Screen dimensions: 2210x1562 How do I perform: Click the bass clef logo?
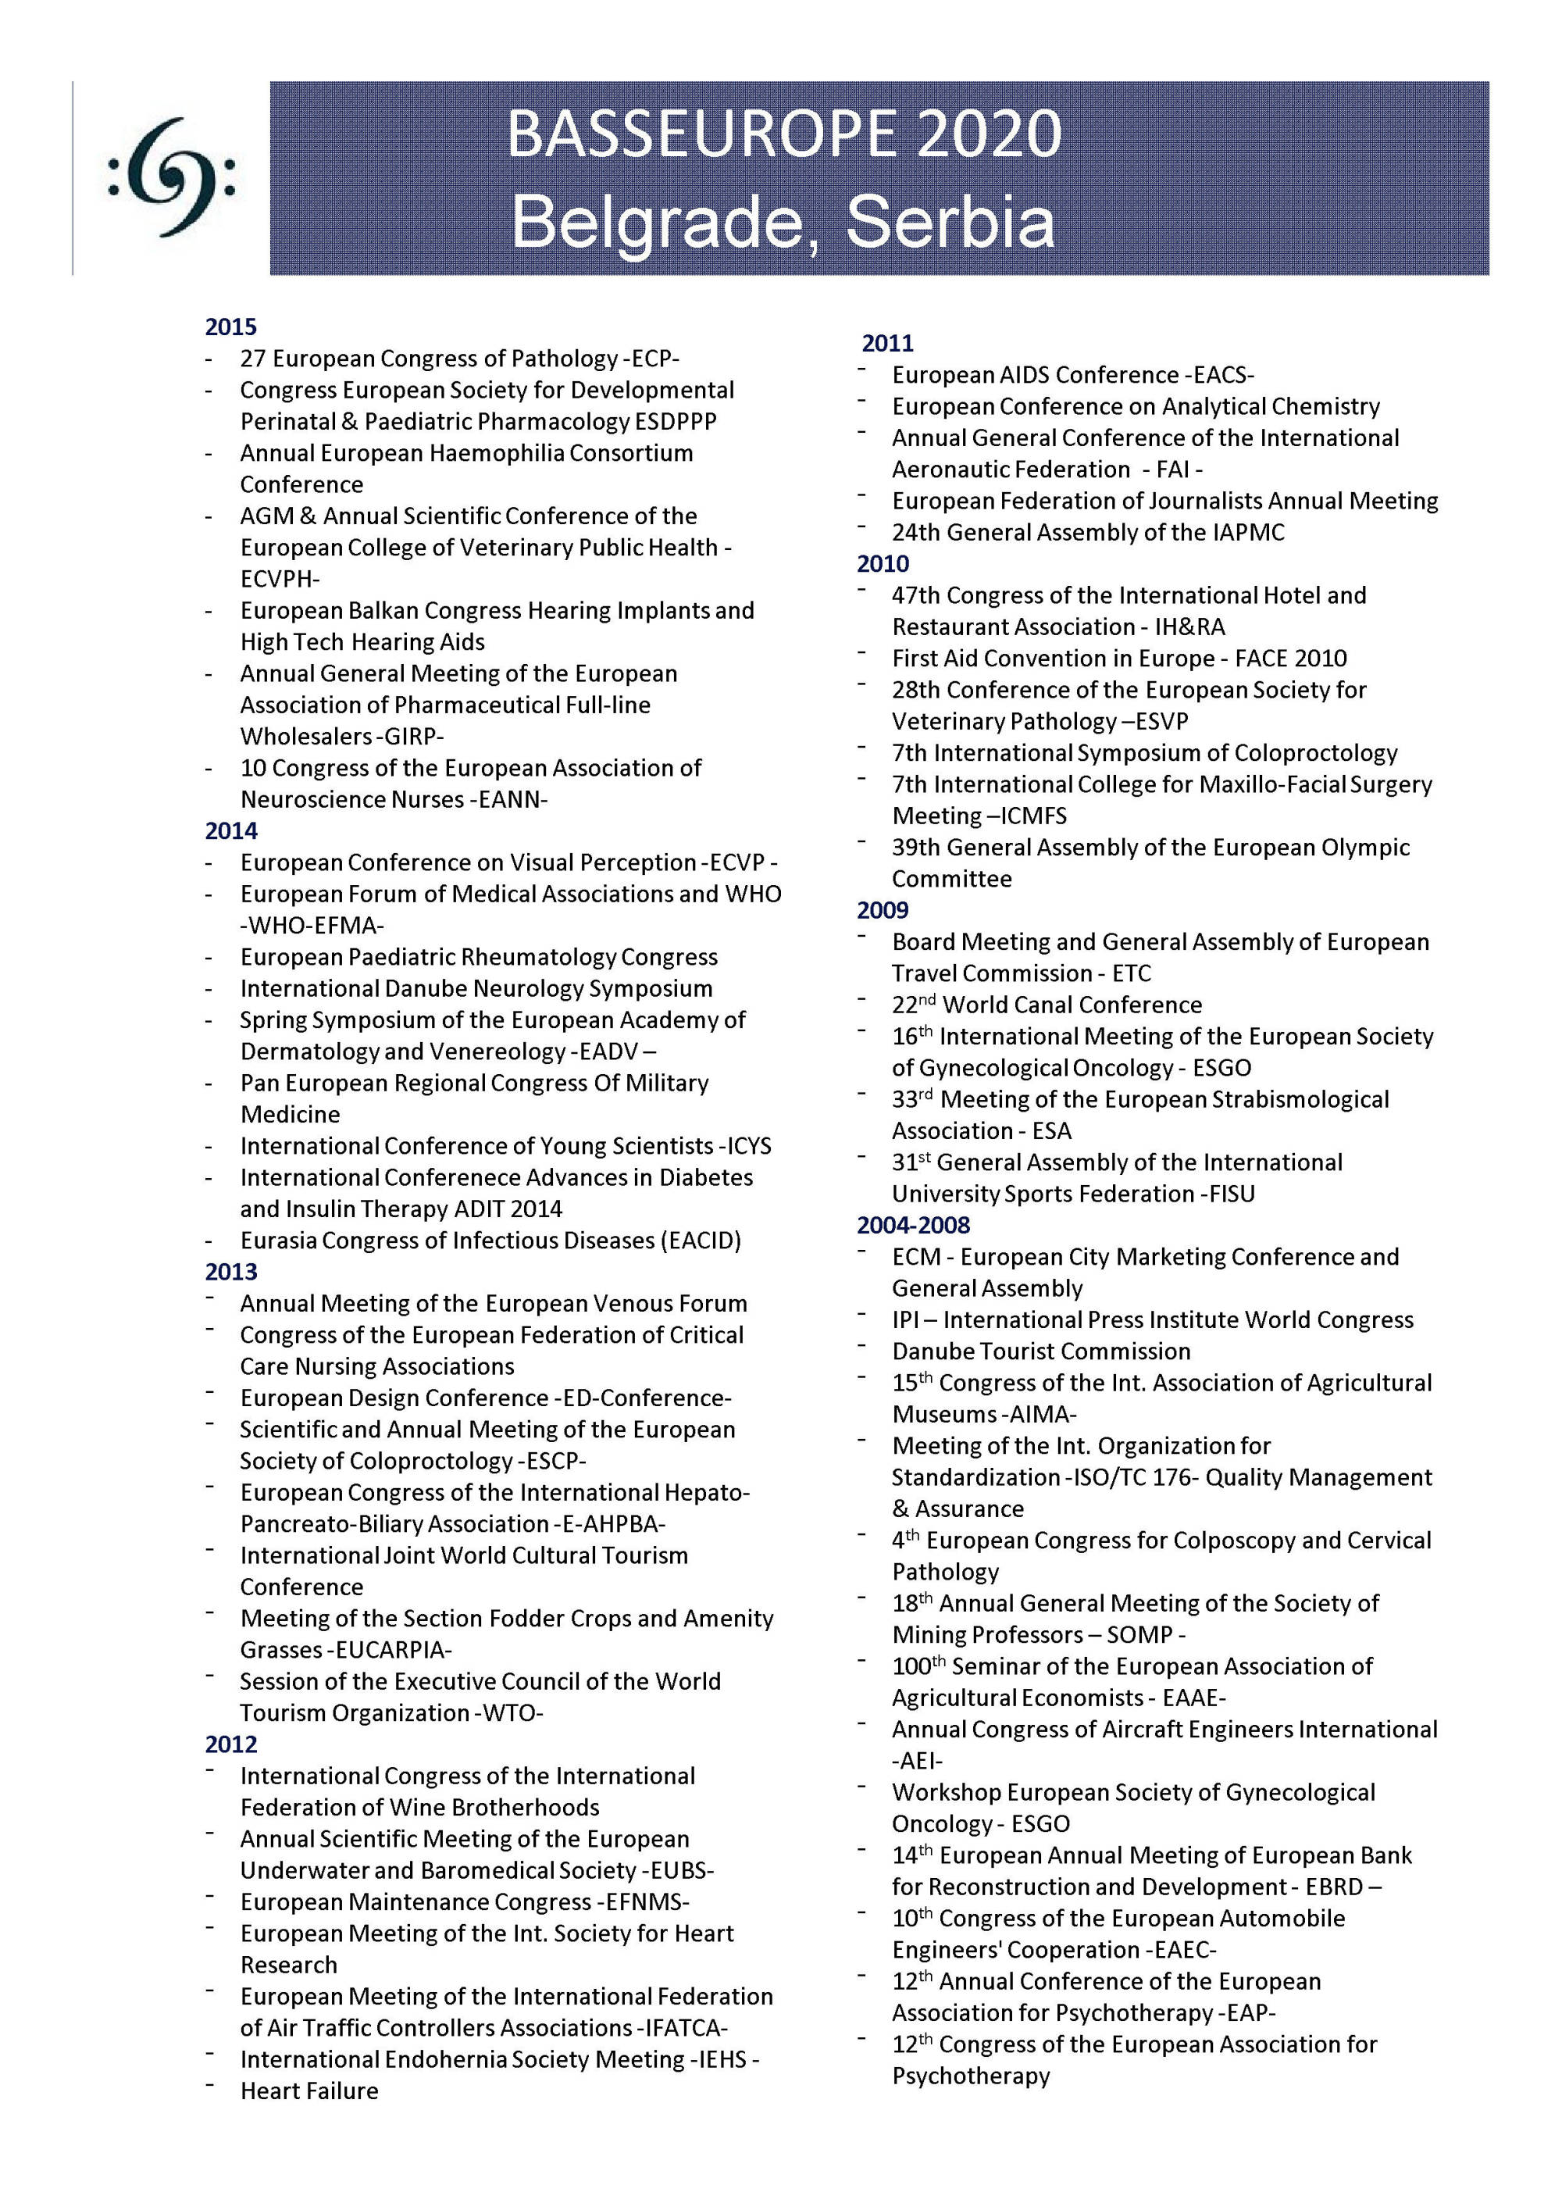[171, 178]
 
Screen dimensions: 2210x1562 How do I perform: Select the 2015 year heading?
[231, 327]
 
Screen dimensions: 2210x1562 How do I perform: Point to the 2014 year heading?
[231, 830]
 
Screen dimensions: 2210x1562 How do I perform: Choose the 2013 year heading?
[231, 1272]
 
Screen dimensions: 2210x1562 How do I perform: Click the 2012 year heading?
[231, 1744]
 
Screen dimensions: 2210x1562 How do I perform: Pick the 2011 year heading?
[887, 344]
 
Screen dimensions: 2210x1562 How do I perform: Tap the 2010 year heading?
[883, 564]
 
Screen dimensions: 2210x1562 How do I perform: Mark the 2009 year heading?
[883, 911]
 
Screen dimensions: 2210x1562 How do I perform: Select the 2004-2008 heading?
[913, 1226]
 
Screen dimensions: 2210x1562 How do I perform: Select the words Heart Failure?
[309, 2090]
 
